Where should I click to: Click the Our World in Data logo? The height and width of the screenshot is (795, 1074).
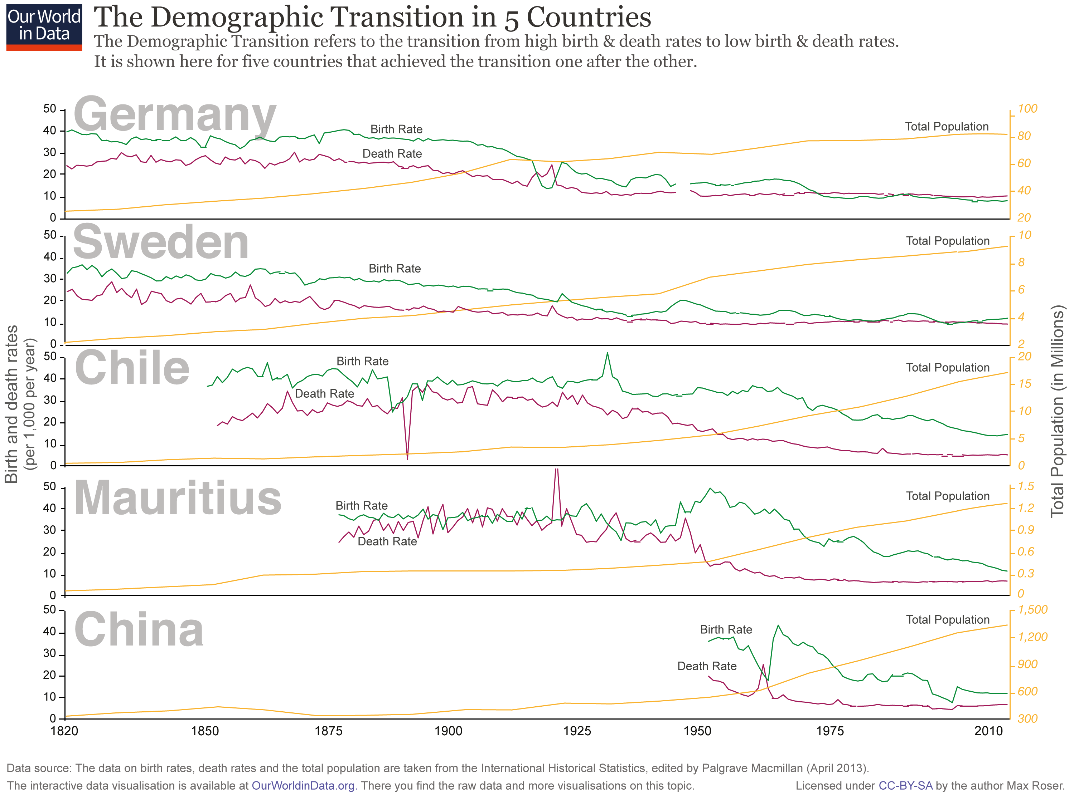coord(44,28)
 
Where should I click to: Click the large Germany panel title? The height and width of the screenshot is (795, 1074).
coord(174,116)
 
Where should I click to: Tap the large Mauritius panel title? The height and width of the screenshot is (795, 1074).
coord(177,499)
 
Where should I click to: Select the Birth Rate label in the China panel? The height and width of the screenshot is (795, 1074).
coord(725,629)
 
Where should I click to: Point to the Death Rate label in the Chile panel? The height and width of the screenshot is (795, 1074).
coord(324,394)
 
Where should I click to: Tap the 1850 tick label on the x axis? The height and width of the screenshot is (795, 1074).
coord(205,731)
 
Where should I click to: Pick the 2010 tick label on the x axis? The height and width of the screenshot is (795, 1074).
coord(988,731)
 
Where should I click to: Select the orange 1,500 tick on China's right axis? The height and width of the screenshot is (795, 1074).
coord(1032,610)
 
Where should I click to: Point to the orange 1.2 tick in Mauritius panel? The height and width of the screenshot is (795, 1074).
coord(1025,508)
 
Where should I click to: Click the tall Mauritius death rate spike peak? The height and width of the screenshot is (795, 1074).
coord(556,469)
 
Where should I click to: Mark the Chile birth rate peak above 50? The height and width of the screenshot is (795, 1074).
coord(607,353)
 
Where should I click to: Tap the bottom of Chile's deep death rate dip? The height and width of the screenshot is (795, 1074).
coord(407,458)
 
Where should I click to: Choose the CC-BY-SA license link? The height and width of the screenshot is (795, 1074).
coord(905,786)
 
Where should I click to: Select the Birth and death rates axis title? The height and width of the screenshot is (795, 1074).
coord(11,404)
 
